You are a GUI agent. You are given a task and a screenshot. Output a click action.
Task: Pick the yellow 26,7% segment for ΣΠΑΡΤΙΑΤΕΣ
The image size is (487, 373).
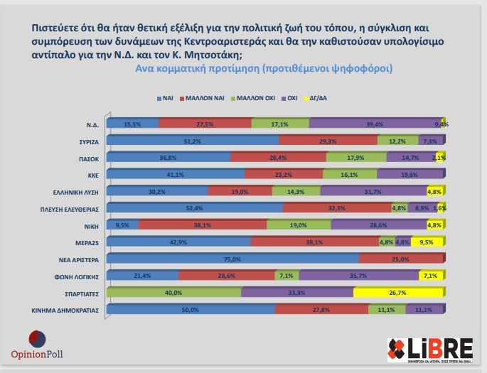click(398, 293)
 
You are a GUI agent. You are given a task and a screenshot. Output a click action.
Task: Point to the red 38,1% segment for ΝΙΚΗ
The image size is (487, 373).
click(203, 225)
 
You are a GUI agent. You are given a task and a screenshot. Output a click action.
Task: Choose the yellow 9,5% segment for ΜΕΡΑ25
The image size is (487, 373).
click(427, 242)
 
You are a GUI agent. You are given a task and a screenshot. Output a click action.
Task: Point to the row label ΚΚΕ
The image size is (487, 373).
click(89, 175)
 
